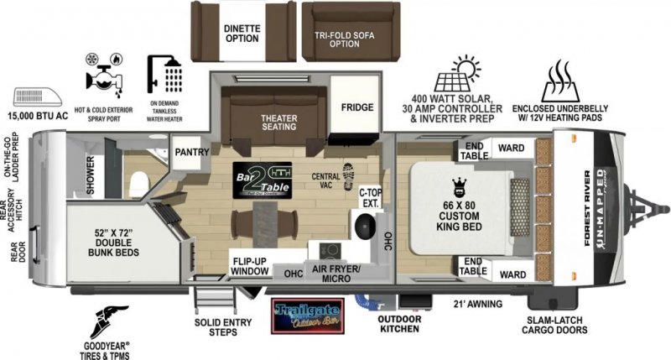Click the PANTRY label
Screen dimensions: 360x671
tap(191, 152)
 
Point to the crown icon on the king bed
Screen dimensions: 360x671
tap(458, 186)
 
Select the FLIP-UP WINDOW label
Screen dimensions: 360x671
tap(251, 266)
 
